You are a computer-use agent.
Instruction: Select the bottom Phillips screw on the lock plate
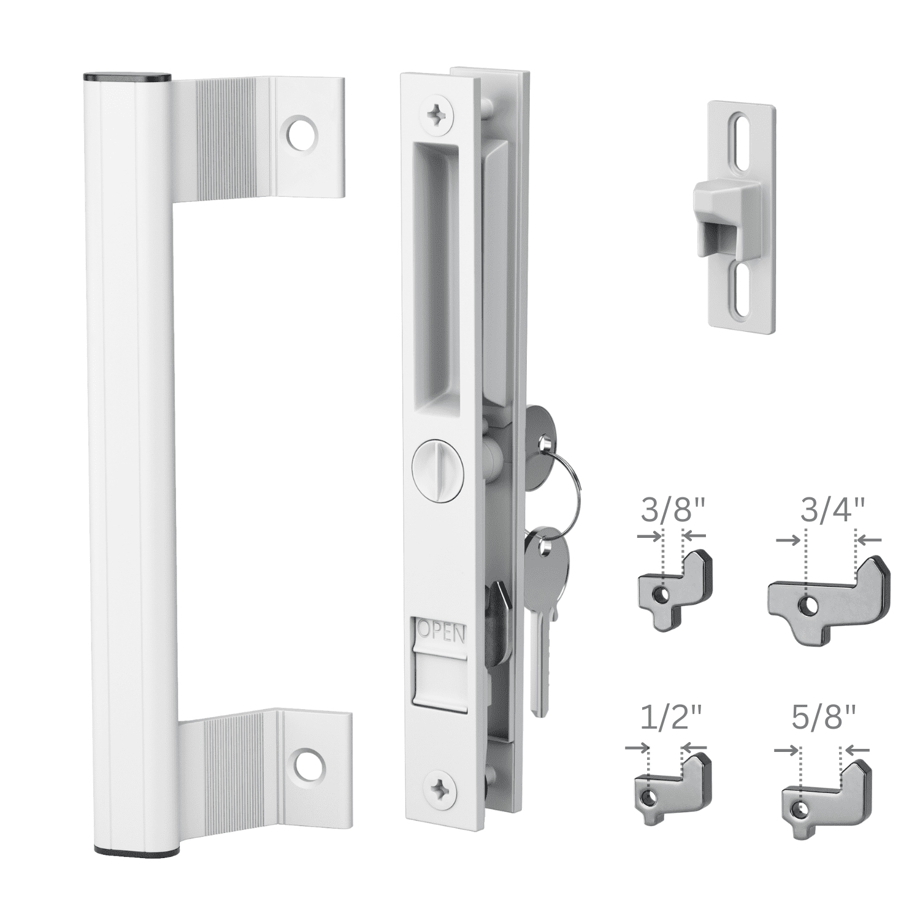[440, 788]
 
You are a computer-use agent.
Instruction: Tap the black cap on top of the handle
[126, 77]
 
